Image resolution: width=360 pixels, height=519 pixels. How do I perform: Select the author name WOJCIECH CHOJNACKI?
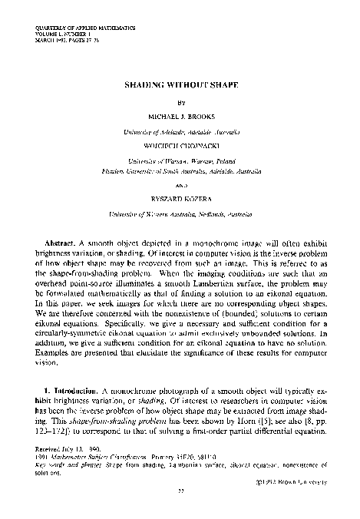(x=180, y=143)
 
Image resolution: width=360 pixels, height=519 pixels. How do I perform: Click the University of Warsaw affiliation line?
(x=180, y=154)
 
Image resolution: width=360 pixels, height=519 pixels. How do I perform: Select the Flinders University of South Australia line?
(x=180, y=163)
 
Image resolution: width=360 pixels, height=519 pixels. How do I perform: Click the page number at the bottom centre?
(x=180, y=510)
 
